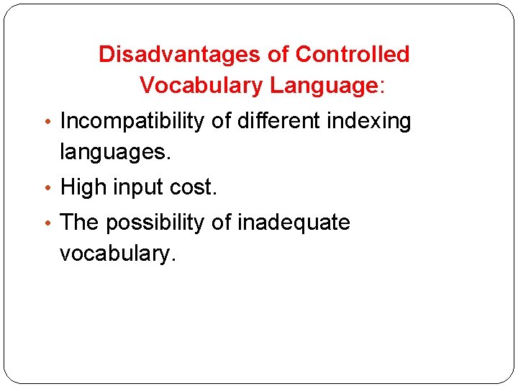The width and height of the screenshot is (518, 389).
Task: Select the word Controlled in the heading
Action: click(x=353, y=54)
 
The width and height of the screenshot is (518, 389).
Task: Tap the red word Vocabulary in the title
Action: click(x=201, y=86)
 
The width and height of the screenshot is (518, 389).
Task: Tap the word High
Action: click(x=83, y=187)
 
